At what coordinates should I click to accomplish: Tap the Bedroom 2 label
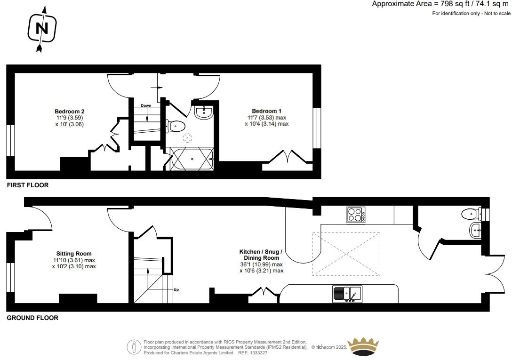click(x=69, y=112)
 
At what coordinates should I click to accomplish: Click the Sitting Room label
click(x=74, y=254)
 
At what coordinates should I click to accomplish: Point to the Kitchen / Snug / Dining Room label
click(x=261, y=255)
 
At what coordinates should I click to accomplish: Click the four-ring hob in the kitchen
click(x=357, y=215)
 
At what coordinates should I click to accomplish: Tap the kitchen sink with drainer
click(x=347, y=294)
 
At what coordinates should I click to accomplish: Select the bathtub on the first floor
click(x=192, y=159)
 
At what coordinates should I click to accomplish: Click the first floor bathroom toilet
click(x=176, y=126)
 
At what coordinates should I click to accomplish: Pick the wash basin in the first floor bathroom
click(x=203, y=112)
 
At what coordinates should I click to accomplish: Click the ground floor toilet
click(x=471, y=215)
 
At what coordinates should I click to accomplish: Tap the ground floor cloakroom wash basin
click(x=475, y=230)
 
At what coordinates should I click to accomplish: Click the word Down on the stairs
click(x=146, y=105)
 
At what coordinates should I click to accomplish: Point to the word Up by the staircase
click(x=176, y=290)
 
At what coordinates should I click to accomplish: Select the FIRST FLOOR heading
click(x=27, y=185)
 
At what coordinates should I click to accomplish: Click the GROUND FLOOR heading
click(x=32, y=318)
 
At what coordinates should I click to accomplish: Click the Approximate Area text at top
click(x=440, y=4)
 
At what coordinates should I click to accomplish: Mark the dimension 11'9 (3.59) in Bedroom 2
click(x=69, y=118)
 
